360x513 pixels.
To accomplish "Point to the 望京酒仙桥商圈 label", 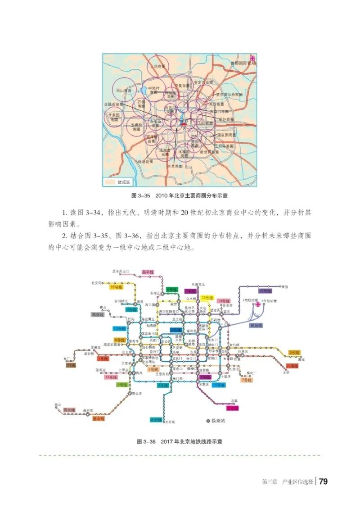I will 228,95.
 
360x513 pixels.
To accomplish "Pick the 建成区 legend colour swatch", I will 110,182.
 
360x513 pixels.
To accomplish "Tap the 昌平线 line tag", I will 148,272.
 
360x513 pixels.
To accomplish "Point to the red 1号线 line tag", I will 103,359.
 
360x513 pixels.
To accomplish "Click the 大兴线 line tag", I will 156,420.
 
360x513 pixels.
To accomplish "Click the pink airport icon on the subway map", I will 258,305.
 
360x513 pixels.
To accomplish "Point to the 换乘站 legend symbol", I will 208,421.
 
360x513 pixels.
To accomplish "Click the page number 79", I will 323,481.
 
